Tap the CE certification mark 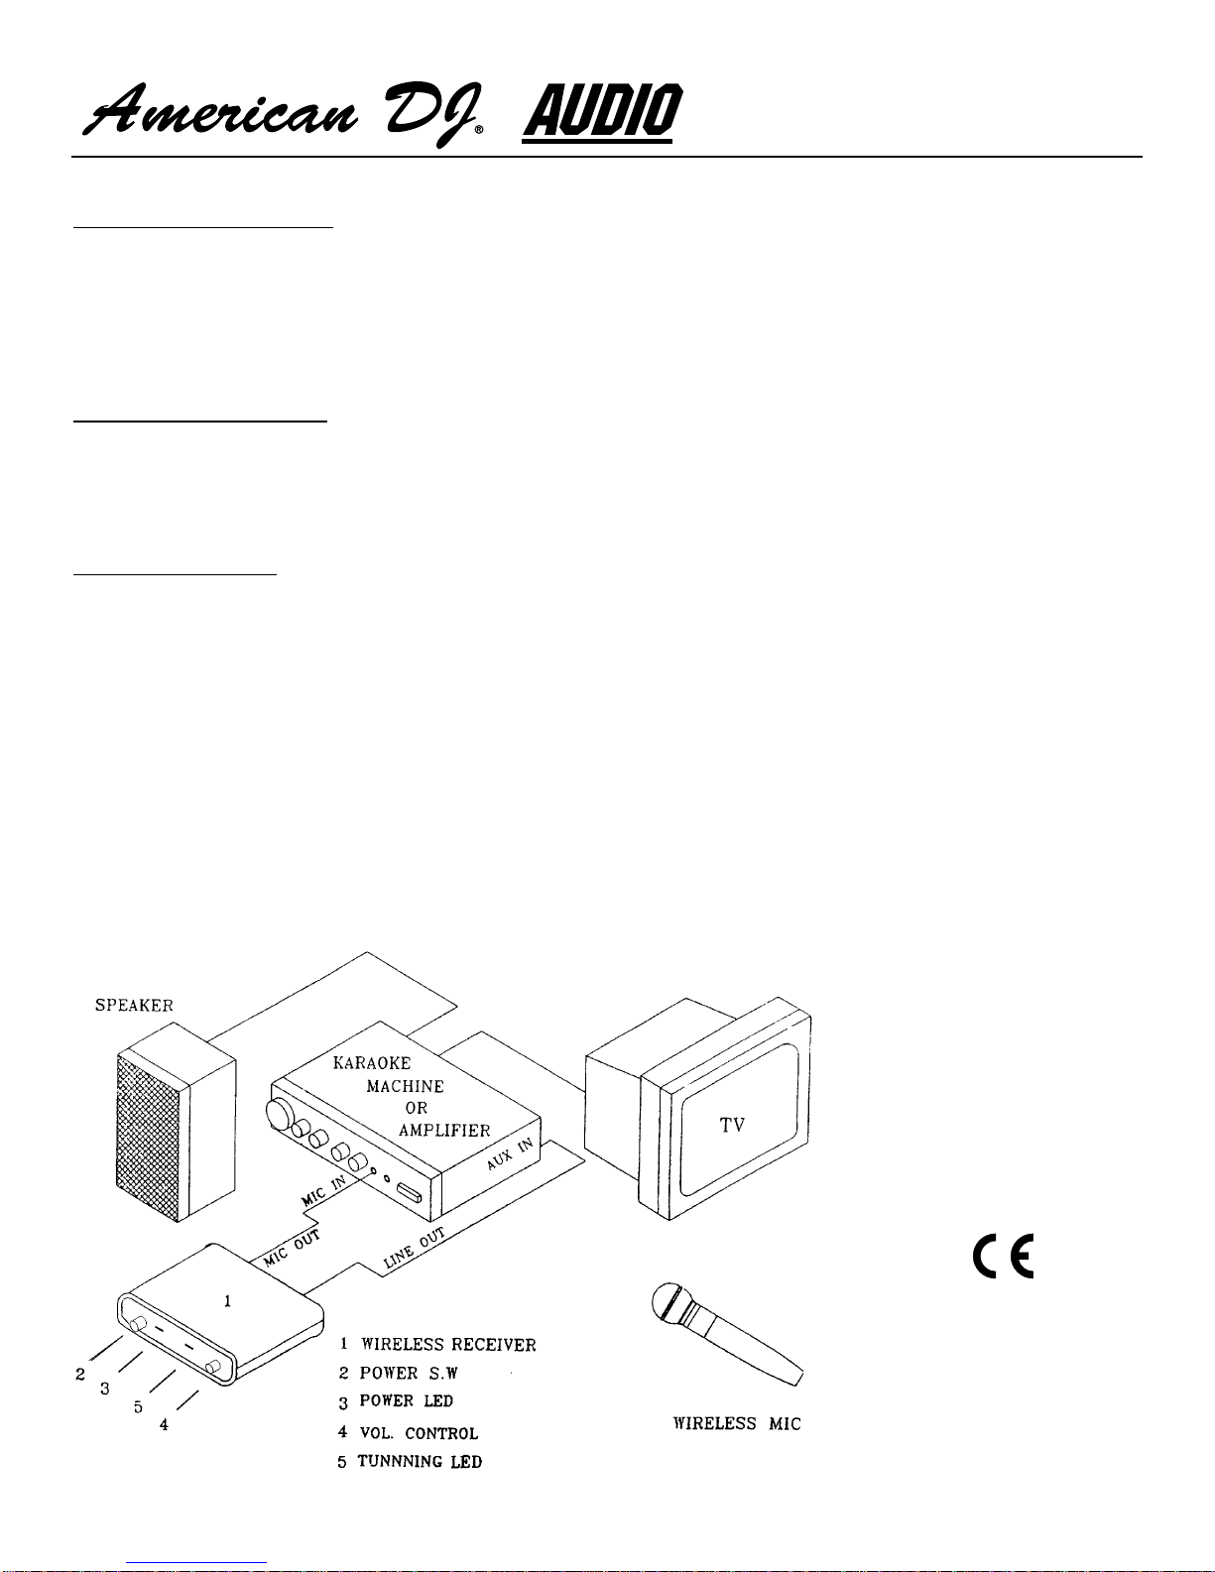tap(1003, 1256)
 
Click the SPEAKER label tap(135, 1006)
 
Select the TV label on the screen tap(732, 1125)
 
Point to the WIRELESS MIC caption tap(737, 1423)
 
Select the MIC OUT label tap(292, 1249)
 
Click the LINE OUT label tap(414, 1248)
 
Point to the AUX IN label tap(510, 1153)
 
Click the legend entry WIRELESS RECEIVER tap(448, 1345)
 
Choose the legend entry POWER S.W tap(409, 1373)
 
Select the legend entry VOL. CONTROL tap(419, 1433)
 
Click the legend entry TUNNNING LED tap(420, 1461)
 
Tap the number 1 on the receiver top tap(227, 1300)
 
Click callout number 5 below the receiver tap(138, 1407)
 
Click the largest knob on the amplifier tap(279, 1114)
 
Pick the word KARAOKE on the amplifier tap(372, 1062)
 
